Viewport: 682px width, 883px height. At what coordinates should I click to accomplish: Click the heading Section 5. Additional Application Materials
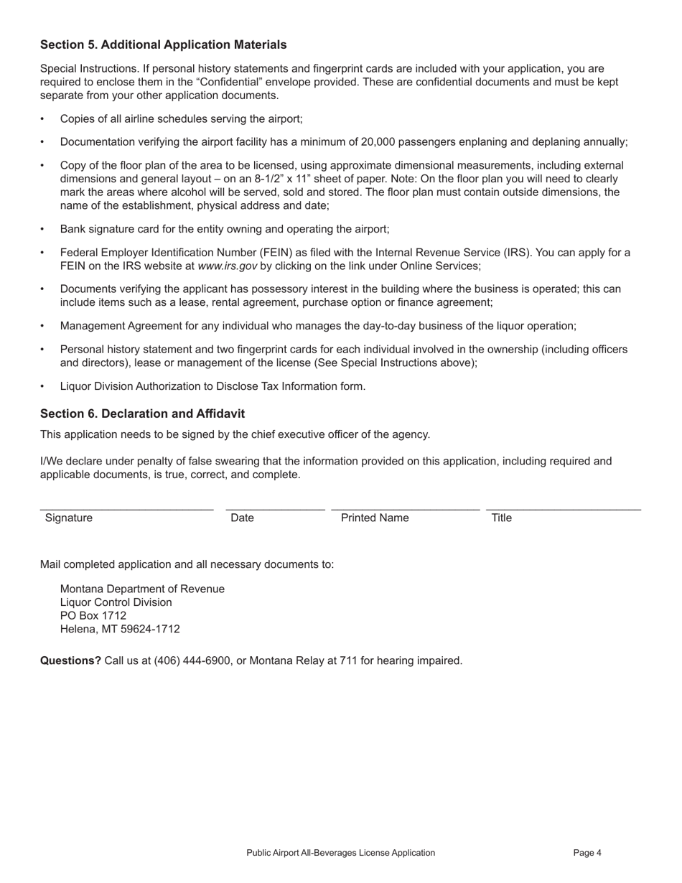point(163,45)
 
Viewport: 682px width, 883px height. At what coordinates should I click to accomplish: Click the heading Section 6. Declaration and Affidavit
point(142,414)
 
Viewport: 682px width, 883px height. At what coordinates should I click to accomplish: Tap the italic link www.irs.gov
point(227,266)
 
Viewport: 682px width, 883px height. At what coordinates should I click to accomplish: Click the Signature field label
point(69,518)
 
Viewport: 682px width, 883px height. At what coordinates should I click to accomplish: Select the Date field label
point(243,518)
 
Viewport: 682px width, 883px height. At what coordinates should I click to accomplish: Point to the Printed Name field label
point(375,518)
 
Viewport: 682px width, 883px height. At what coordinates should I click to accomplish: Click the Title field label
point(501,518)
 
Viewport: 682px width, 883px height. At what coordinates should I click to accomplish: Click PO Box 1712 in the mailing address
point(93,615)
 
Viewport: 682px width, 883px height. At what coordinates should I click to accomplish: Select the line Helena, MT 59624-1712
point(120,629)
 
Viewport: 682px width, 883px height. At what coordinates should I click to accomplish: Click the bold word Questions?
point(70,660)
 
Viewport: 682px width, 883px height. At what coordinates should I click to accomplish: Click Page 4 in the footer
point(587,853)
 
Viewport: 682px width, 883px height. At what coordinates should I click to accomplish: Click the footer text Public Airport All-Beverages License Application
point(340,853)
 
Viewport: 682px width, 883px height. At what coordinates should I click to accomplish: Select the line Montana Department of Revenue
point(142,589)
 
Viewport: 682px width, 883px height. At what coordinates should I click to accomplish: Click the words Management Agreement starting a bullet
point(112,326)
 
